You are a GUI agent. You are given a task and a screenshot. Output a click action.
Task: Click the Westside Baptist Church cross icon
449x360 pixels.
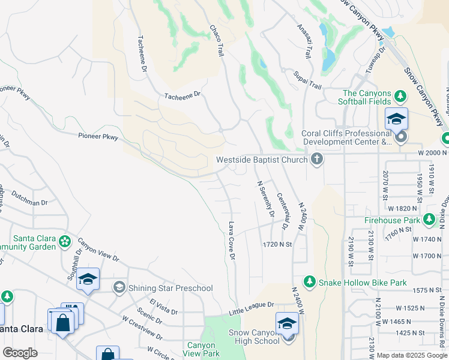(x=317, y=160)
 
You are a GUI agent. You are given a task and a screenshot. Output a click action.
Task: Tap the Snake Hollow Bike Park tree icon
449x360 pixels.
(x=310, y=281)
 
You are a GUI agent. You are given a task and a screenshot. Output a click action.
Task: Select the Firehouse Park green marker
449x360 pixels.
(x=429, y=220)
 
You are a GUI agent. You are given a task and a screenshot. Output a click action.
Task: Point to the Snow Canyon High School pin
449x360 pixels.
(x=288, y=325)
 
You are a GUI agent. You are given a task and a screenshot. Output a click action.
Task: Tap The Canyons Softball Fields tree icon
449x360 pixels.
(x=400, y=96)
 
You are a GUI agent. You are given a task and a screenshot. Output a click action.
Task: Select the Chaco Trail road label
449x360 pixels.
(x=217, y=41)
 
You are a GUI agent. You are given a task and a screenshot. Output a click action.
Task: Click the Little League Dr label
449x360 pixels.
(x=252, y=308)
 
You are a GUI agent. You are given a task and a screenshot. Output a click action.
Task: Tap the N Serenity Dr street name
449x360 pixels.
(x=265, y=199)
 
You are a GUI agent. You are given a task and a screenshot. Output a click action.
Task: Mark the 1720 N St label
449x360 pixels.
(x=277, y=245)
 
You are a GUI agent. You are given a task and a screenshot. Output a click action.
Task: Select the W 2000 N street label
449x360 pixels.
(x=430, y=153)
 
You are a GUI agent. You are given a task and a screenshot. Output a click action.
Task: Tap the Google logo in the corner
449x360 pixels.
(x=20, y=353)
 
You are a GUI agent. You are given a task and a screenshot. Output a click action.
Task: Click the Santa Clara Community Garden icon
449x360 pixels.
(x=65, y=242)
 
